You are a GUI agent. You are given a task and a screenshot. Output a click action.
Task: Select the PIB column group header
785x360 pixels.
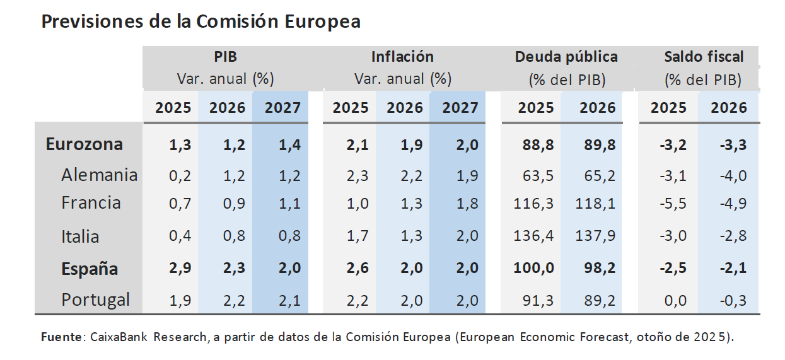pos(225,57)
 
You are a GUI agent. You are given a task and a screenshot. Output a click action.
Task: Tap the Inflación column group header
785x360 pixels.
pos(402,57)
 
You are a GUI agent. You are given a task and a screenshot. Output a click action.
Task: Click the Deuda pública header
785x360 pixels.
pos(566,57)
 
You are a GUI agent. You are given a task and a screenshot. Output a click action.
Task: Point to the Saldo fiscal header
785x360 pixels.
pos(704,57)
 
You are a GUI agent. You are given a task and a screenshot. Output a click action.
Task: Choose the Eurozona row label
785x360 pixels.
pos(84,144)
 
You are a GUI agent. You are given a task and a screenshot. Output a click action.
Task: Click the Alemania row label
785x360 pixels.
pos(99,175)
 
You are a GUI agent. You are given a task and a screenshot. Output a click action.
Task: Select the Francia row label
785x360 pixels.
pos(91,203)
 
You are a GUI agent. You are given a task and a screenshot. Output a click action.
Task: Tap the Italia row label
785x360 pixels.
pos(80,236)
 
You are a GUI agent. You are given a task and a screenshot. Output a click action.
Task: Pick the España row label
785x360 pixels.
pos(90,269)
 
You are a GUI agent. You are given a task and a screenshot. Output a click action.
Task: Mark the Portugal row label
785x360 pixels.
pos(96,299)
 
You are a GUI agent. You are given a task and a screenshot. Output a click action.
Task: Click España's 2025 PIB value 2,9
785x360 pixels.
pos(180,269)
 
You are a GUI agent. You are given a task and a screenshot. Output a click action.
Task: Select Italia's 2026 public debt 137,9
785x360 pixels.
pos(595,236)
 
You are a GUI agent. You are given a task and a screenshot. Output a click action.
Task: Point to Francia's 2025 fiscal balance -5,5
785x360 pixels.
pos(673,203)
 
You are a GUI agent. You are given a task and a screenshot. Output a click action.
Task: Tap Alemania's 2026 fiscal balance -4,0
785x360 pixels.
pos(733,175)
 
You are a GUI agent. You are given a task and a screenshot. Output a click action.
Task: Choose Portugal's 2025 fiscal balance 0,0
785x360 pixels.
pos(675,301)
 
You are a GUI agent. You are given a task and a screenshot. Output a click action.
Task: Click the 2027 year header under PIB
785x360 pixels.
pos(282,107)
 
